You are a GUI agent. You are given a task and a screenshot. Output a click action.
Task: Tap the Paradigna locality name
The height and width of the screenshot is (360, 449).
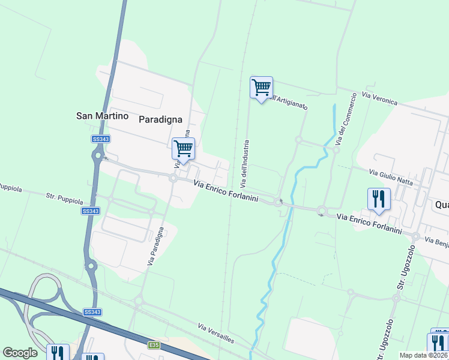pyautogui.click(x=160, y=119)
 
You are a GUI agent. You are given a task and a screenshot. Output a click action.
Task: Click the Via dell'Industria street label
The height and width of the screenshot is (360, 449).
pyautogui.click(x=246, y=162)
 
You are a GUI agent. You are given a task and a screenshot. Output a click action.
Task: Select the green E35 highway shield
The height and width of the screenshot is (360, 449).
pyautogui.click(x=154, y=345)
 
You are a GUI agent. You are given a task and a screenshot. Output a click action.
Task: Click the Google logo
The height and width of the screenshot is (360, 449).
pyautogui.click(x=20, y=353)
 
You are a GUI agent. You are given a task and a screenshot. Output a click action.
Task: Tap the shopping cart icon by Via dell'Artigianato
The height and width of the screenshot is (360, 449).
pyautogui.click(x=261, y=88)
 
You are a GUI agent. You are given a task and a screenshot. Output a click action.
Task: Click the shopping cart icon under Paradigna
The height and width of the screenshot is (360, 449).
pyautogui.click(x=183, y=148)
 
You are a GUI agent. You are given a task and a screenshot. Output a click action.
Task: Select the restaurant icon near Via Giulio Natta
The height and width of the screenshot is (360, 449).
pyautogui.click(x=379, y=199)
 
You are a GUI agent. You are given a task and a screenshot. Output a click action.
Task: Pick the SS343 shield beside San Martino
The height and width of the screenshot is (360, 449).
pyautogui.click(x=101, y=139)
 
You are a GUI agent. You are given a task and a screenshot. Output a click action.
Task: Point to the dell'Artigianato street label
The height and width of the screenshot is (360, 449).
pyautogui.click(x=289, y=102)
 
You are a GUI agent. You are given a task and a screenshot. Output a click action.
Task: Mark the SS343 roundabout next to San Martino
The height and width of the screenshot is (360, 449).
pyautogui.click(x=97, y=157)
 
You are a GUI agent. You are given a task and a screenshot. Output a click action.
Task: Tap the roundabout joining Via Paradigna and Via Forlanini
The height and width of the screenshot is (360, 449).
pyautogui.click(x=173, y=178)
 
